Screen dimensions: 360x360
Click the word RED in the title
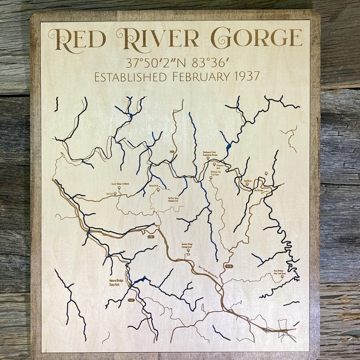pos(79,38)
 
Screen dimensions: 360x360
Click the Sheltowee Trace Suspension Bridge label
pos(213,154)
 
